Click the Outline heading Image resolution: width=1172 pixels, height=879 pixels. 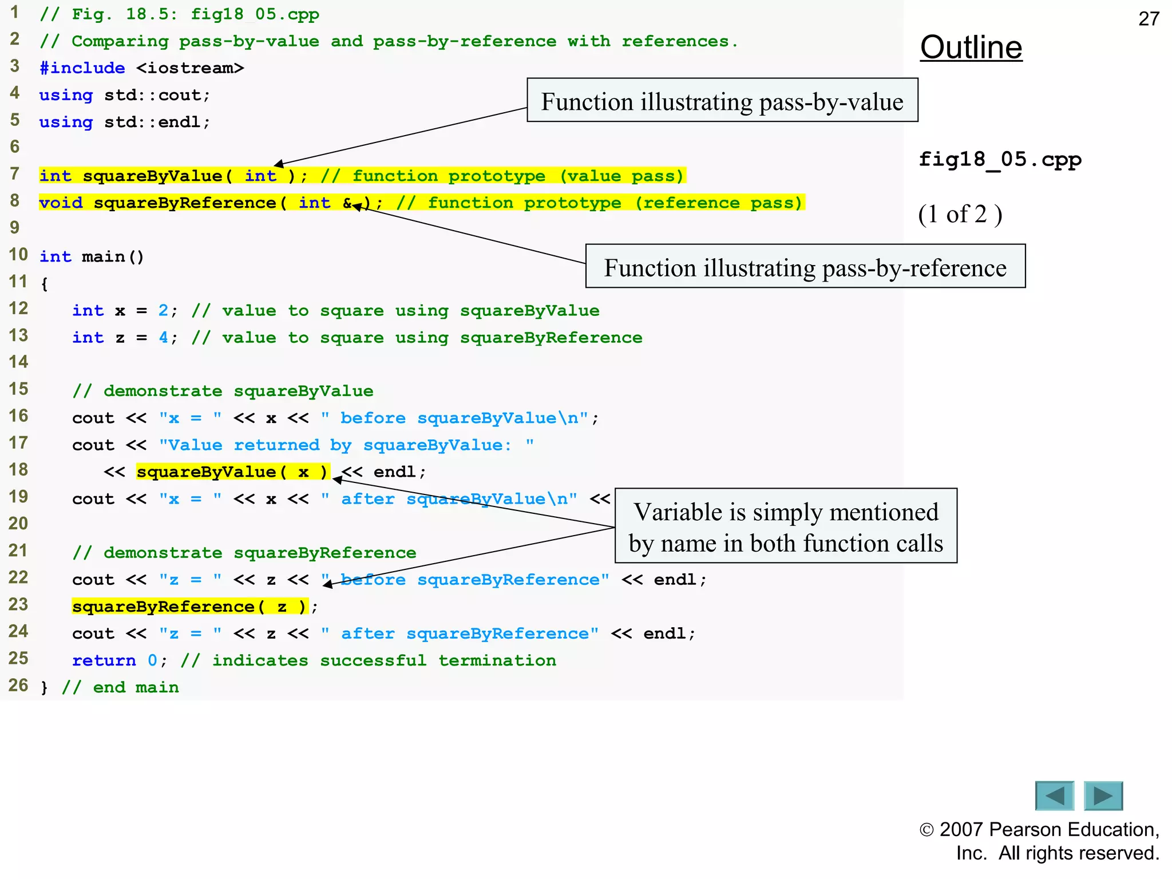point(971,47)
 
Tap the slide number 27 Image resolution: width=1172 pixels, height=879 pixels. point(1149,19)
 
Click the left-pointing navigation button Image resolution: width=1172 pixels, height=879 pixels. point(1054,795)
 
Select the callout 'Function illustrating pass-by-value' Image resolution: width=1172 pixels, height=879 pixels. point(722,101)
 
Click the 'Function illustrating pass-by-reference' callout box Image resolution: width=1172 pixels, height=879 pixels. point(805,267)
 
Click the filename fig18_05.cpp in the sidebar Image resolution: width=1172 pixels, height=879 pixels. point(1000,159)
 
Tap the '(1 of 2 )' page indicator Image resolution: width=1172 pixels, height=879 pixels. point(960,215)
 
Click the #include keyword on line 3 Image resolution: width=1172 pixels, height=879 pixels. point(82,68)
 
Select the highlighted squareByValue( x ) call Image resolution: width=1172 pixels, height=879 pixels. point(232,472)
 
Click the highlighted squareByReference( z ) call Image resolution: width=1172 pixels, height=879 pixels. point(189,607)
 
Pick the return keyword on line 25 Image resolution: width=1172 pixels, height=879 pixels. point(104,660)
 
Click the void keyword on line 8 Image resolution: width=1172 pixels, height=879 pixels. point(61,203)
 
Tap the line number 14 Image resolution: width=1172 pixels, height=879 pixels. point(18,362)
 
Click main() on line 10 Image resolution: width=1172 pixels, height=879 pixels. point(113,257)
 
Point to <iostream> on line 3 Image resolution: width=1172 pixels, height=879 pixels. point(190,68)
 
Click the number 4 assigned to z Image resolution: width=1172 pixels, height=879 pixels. point(164,338)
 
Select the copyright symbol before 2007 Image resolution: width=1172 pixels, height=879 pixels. point(926,830)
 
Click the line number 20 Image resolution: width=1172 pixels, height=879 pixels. point(18,523)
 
